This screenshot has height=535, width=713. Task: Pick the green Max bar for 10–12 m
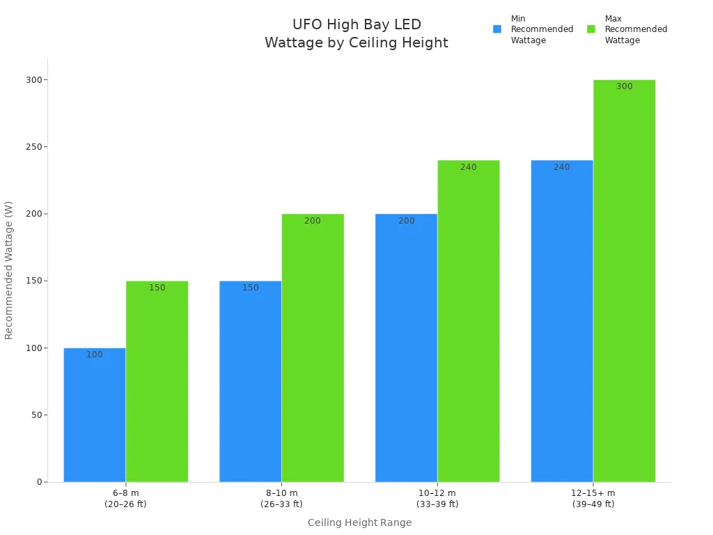pos(469,321)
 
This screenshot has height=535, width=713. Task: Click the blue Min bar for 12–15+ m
pos(562,321)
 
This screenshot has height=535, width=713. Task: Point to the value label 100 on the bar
pos(95,355)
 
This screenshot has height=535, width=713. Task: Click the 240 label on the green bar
pos(469,167)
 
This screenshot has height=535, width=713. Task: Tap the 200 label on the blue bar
pos(407,221)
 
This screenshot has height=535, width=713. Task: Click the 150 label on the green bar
pos(157,288)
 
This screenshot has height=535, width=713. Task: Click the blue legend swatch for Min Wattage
pos(497,29)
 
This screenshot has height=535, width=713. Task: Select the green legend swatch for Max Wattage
pos(591,29)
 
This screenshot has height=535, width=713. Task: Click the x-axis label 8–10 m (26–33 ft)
pos(281,498)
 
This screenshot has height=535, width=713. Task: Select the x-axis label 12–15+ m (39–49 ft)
pos(593,498)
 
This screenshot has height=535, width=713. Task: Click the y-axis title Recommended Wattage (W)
pos(9,270)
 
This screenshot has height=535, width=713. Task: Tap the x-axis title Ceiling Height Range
pos(359,522)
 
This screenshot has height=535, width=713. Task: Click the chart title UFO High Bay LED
pos(356,25)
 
